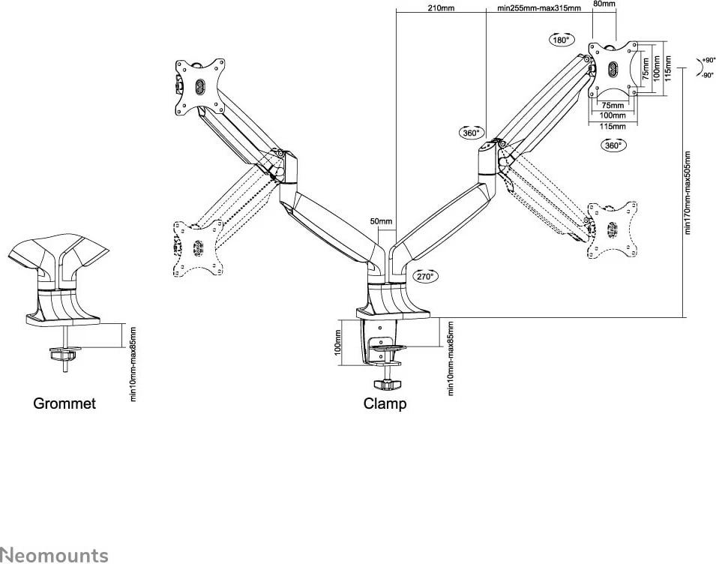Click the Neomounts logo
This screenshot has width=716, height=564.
(x=54, y=555)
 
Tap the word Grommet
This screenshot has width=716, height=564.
(x=64, y=403)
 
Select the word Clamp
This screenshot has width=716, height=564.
(x=385, y=403)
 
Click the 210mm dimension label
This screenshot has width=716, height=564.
(x=441, y=7)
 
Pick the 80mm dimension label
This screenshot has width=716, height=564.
(x=604, y=4)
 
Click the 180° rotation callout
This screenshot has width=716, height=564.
(x=562, y=40)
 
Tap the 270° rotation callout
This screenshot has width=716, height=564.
(x=426, y=276)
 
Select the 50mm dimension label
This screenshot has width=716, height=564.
(x=381, y=221)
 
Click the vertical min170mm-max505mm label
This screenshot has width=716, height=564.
(x=688, y=193)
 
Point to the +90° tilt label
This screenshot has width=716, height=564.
(x=709, y=60)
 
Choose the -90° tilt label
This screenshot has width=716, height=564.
(x=708, y=75)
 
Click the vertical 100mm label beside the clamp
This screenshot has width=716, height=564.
(x=337, y=343)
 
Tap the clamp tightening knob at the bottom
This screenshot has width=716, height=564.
(x=387, y=385)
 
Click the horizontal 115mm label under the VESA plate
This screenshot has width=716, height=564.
(x=613, y=126)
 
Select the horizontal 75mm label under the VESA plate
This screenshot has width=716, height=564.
(x=613, y=106)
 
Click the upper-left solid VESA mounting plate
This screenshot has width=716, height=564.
(x=200, y=88)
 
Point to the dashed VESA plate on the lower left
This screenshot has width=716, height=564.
(x=199, y=248)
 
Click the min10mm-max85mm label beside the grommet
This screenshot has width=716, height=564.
(x=133, y=364)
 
